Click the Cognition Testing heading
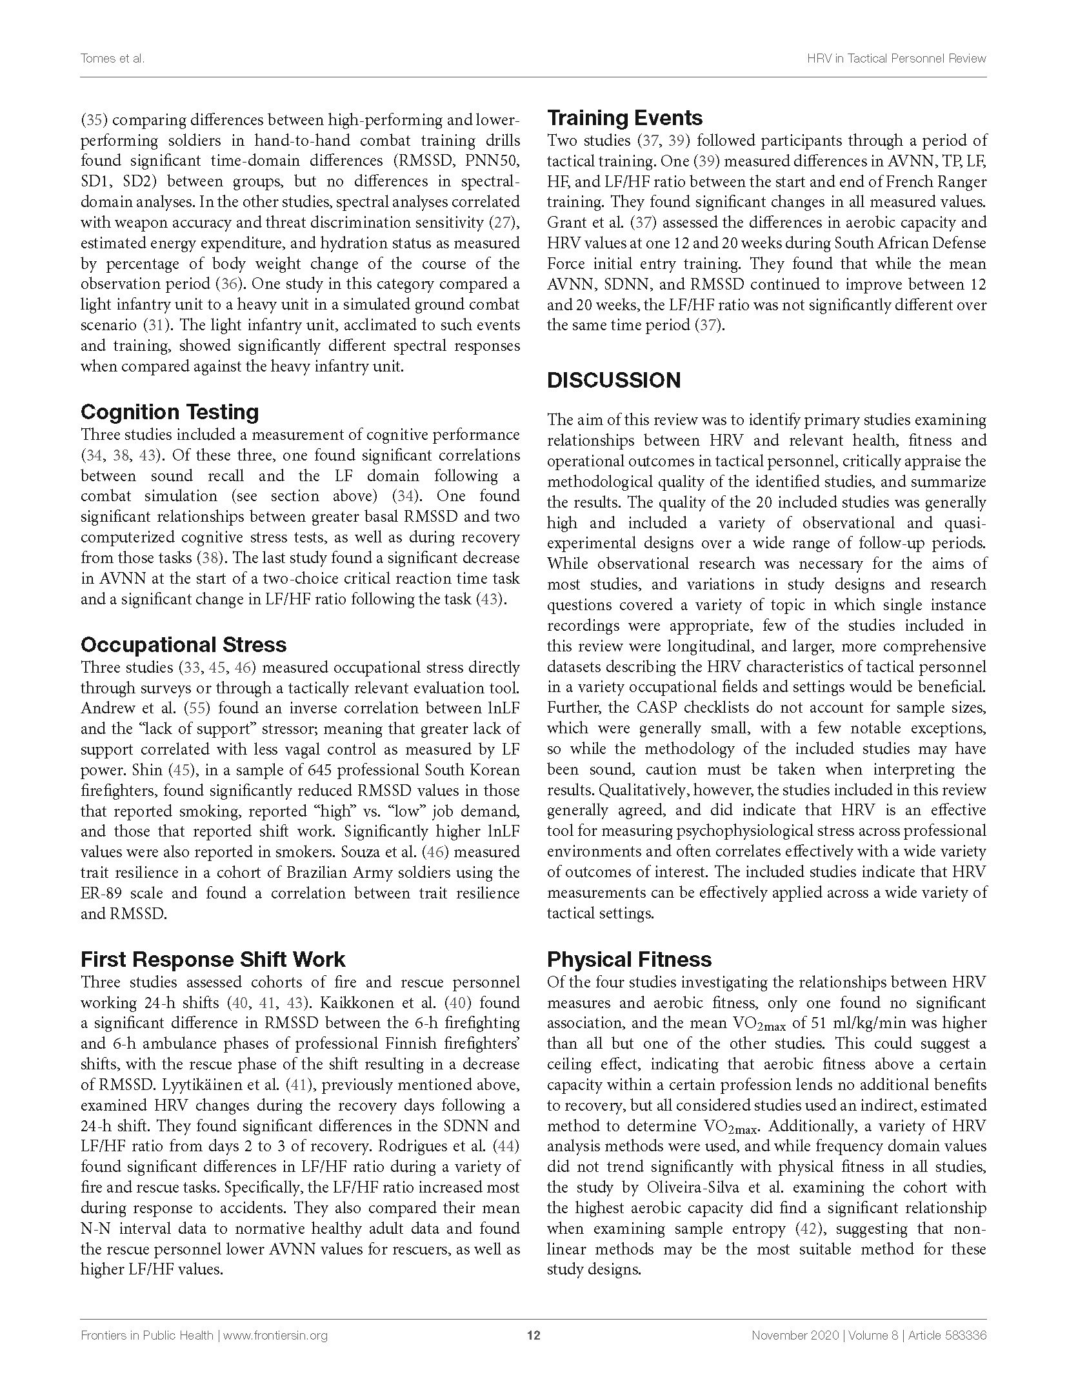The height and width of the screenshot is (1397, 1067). coord(170,411)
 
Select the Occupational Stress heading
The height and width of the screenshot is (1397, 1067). coord(183,644)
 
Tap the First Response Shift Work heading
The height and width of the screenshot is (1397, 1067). coord(213,959)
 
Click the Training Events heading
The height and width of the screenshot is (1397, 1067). coord(624,117)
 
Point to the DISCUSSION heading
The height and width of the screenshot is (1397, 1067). coord(613,380)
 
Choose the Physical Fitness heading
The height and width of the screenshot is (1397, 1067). coord(629,959)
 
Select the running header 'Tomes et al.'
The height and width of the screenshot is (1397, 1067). coord(112,58)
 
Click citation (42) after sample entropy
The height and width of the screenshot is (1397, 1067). coord(807,1229)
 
